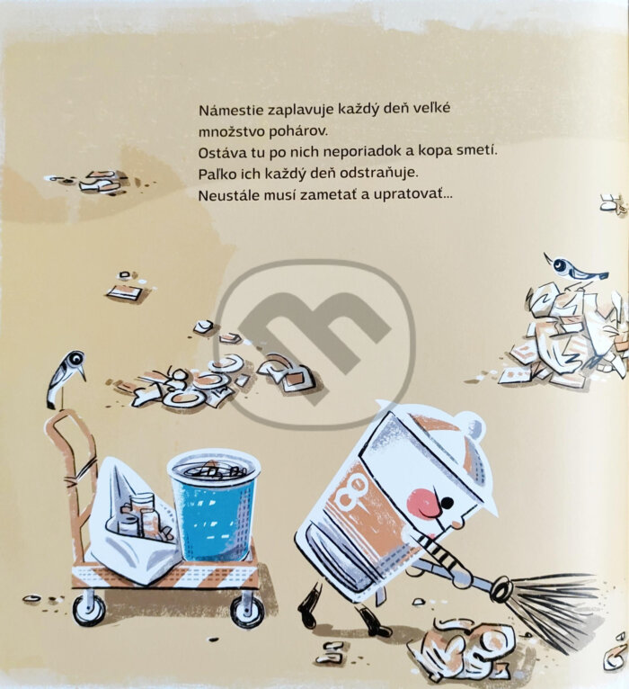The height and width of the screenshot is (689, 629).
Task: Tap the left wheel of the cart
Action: pos(89,610)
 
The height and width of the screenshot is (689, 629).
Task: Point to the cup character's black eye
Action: pos(447,502)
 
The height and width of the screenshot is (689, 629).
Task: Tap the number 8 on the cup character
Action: pos(351,488)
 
